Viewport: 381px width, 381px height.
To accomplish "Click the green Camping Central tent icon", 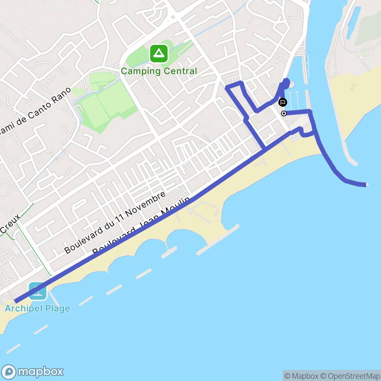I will pos(159,54).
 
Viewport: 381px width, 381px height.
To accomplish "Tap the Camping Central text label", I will pos(159,71).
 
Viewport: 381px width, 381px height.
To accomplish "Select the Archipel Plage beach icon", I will pos(38,291).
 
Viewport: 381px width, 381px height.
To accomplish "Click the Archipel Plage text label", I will pos(37,308).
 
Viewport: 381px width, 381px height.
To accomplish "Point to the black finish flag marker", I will pos(283,102).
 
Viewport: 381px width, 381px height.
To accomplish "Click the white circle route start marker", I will pos(284,113).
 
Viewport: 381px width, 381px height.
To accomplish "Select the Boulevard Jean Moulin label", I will pos(141,227).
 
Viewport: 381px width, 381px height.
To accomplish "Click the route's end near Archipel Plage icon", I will pos(16,301).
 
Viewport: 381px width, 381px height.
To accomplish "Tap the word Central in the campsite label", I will pos(179,71).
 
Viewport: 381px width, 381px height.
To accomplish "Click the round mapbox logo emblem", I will pos(9,372).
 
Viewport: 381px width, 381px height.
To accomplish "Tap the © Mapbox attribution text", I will pos(302,376).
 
